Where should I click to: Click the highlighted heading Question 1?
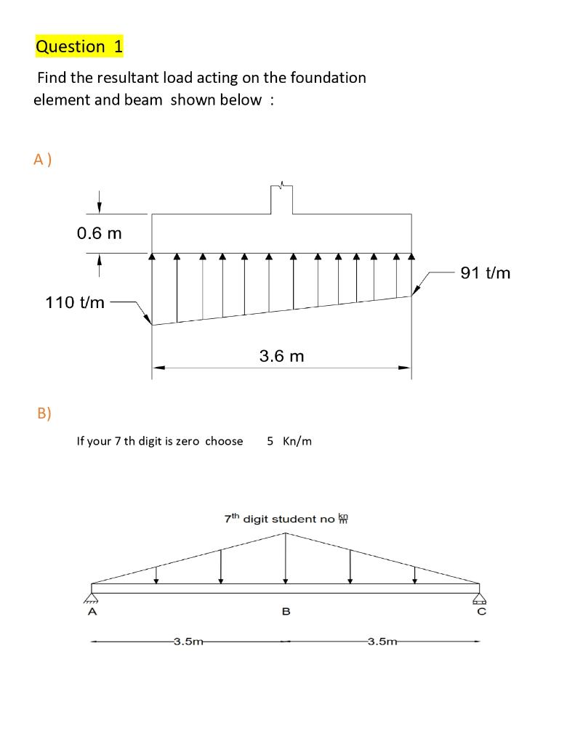79,46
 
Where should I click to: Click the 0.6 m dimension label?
100,233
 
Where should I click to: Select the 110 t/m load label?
75,302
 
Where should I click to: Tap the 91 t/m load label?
486,273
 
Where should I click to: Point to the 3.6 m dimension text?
282,356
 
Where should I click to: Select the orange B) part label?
44,413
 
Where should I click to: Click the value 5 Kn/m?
289,441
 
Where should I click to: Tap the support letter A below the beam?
92,612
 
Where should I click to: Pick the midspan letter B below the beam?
286,612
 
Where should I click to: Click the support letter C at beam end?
480,612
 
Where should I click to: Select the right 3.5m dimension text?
382,642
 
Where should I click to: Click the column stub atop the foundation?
281,200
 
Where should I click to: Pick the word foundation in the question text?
325,77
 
